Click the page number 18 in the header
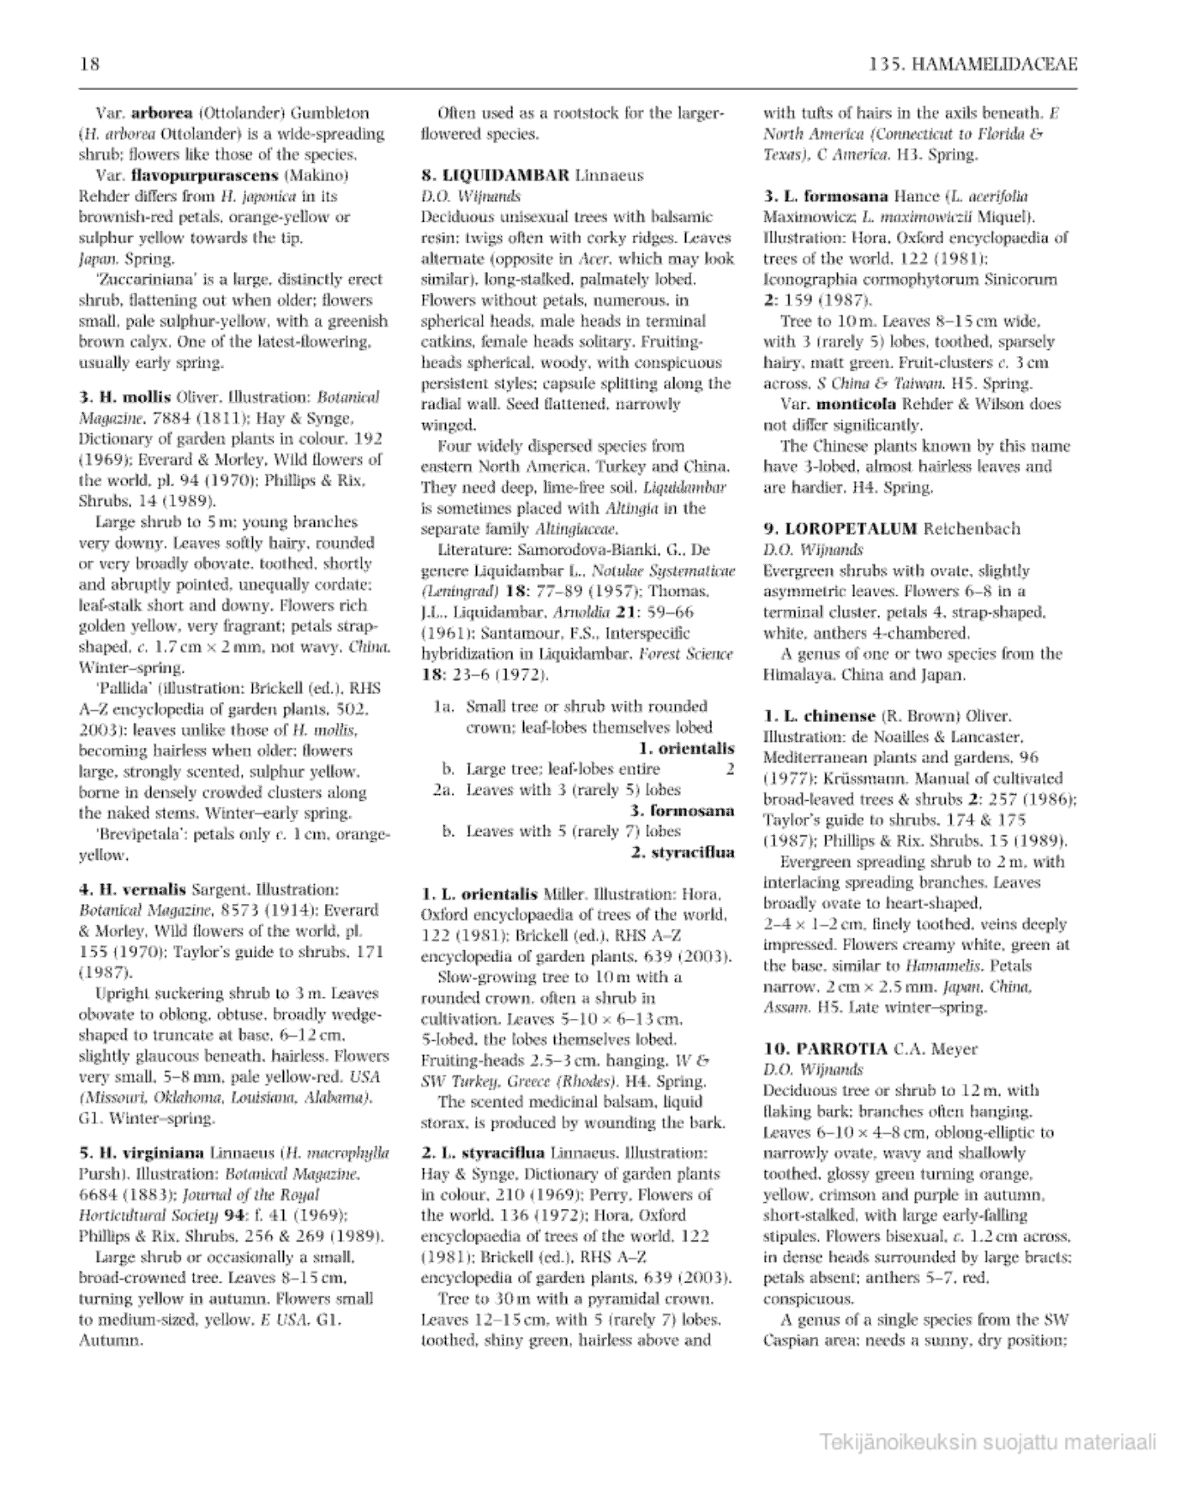tap(89, 65)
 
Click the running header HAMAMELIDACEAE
tap(993, 65)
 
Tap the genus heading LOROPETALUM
tap(851, 529)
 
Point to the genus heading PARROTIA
tap(837, 1048)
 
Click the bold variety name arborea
tap(163, 112)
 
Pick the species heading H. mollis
tap(126, 397)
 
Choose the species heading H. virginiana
tap(141, 1153)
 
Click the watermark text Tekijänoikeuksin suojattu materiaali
tap(988, 1443)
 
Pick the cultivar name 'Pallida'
tap(124, 688)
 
